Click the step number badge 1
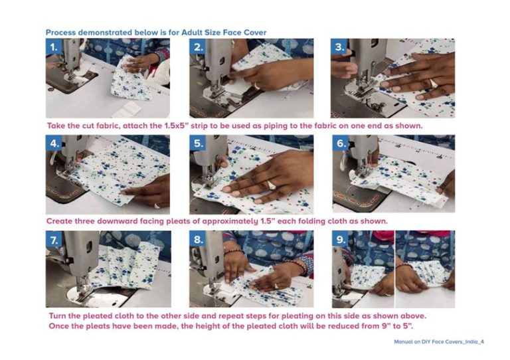pyautogui.click(x=54, y=47)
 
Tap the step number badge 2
pyautogui.click(x=198, y=47)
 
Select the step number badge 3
pyautogui.click(x=339, y=47)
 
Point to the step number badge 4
pyautogui.click(x=54, y=143)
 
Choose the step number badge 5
pyautogui.click(x=198, y=143)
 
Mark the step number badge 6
pyautogui.click(x=340, y=143)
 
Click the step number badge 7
pyautogui.click(x=54, y=239)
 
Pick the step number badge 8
pyautogui.click(x=198, y=239)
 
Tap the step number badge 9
pyautogui.click(x=340, y=239)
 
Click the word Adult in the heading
pyautogui.click(x=192, y=33)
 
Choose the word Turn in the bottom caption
pyautogui.click(x=58, y=315)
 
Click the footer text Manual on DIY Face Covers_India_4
pyautogui.click(x=439, y=342)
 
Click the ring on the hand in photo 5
pyautogui.click(x=271, y=185)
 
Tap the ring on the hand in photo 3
pyautogui.click(x=434, y=83)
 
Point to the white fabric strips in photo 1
pyautogui.click(x=127, y=110)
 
